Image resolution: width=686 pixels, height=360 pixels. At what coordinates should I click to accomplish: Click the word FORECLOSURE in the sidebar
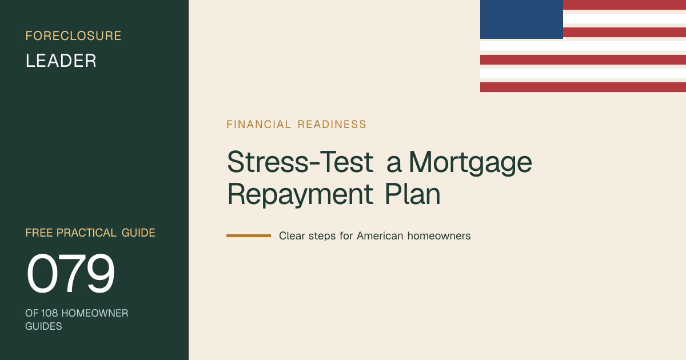[x=74, y=36]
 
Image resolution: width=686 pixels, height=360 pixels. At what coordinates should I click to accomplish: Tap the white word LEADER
[x=61, y=61]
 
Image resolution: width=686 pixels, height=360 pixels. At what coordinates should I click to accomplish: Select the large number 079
[x=71, y=273]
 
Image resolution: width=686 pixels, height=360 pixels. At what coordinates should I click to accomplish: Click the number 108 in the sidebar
[x=49, y=313]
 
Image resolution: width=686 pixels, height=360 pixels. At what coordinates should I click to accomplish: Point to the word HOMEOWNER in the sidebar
[x=95, y=313]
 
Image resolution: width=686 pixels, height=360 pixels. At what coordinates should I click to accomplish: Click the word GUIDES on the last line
[x=43, y=326]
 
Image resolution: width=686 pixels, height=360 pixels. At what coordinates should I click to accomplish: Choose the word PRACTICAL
[x=86, y=233]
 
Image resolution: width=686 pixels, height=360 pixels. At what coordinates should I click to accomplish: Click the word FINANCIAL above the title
[x=259, y=125]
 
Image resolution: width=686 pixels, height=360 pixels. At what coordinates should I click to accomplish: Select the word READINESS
[x=332, y=125]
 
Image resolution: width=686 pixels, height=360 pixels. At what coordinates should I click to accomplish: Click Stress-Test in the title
[x=300, y=162]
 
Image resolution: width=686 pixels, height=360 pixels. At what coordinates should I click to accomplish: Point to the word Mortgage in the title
[x=470, y=162]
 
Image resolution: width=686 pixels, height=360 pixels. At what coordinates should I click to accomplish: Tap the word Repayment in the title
[x=300, y=194]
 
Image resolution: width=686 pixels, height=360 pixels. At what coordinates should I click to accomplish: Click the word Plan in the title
[x=413, y=194]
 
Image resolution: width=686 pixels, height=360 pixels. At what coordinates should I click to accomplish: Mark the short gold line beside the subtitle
[x=249, y=235]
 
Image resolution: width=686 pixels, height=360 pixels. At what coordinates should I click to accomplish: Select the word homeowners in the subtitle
[x=439, y=236]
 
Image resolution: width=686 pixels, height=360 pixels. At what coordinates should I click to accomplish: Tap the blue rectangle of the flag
[x=521, y=19]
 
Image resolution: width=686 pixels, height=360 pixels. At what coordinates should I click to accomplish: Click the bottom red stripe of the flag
[x=583, y=87]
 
